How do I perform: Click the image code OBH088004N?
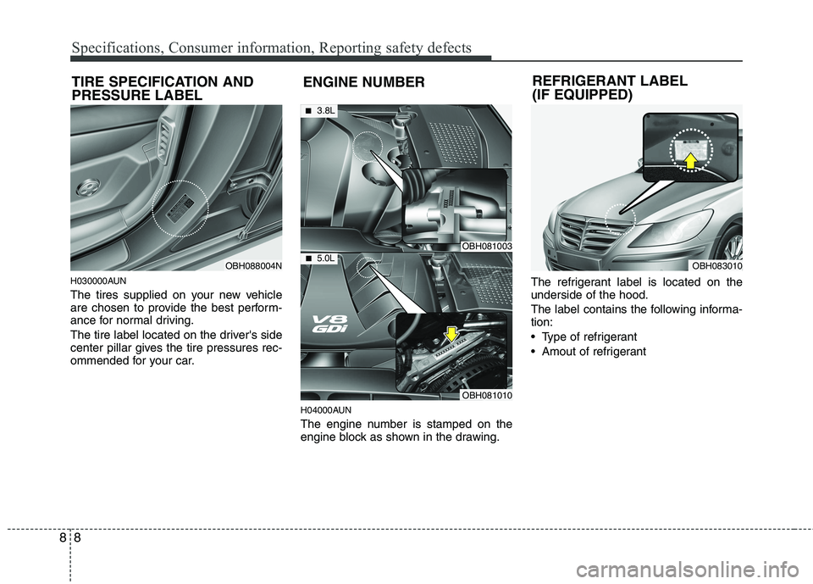(x=253, y=266)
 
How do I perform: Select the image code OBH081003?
(x=485, y=246)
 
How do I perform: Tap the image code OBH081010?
(x=485, y=395)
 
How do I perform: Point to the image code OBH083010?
(x=716, y=266)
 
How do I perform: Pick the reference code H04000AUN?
(x=326, y=409)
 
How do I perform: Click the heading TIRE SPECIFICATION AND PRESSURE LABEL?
(x=161, y=88)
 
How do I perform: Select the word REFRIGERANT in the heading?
(x=582, y=81)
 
